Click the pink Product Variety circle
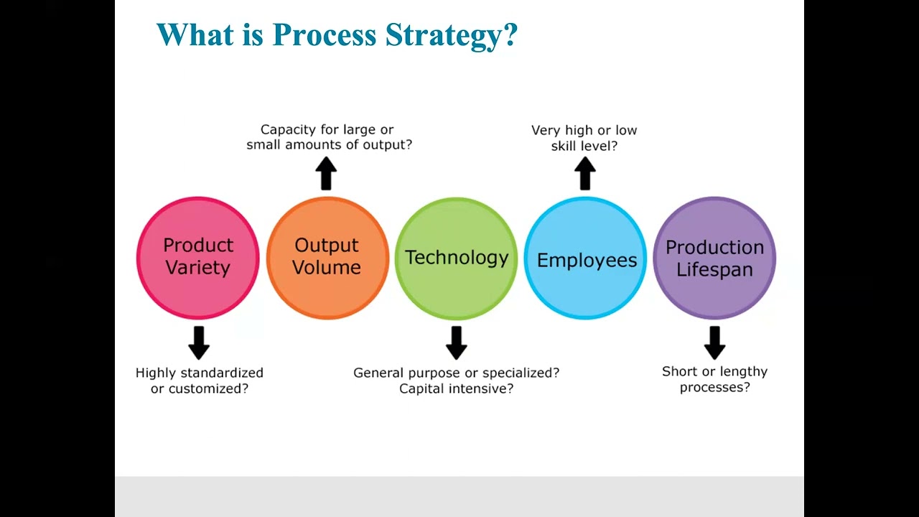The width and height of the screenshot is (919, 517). [198, 257]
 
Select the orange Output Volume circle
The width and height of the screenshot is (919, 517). [327, 257]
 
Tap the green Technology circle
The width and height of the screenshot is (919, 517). [456, 258]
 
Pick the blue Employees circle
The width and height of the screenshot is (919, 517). [585, 258]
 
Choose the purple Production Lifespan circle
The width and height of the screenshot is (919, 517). [714, 258]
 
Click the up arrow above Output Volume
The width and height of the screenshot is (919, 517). [326, 174]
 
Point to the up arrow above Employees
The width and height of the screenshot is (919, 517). [585, 174]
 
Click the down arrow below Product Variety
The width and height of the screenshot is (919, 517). [199, 343]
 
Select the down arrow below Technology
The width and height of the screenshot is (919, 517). [456, 343]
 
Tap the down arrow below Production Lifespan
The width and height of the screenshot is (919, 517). [714, 343]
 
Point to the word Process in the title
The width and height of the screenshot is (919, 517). [325, 34]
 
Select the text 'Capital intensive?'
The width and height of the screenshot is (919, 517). [456, 388]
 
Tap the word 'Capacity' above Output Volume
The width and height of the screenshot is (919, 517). [288, 130]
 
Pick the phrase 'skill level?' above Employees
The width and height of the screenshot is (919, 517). [584, 146]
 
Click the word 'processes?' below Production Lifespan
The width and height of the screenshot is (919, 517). [714, 387]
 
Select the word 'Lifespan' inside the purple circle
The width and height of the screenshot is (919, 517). [714, 269]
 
